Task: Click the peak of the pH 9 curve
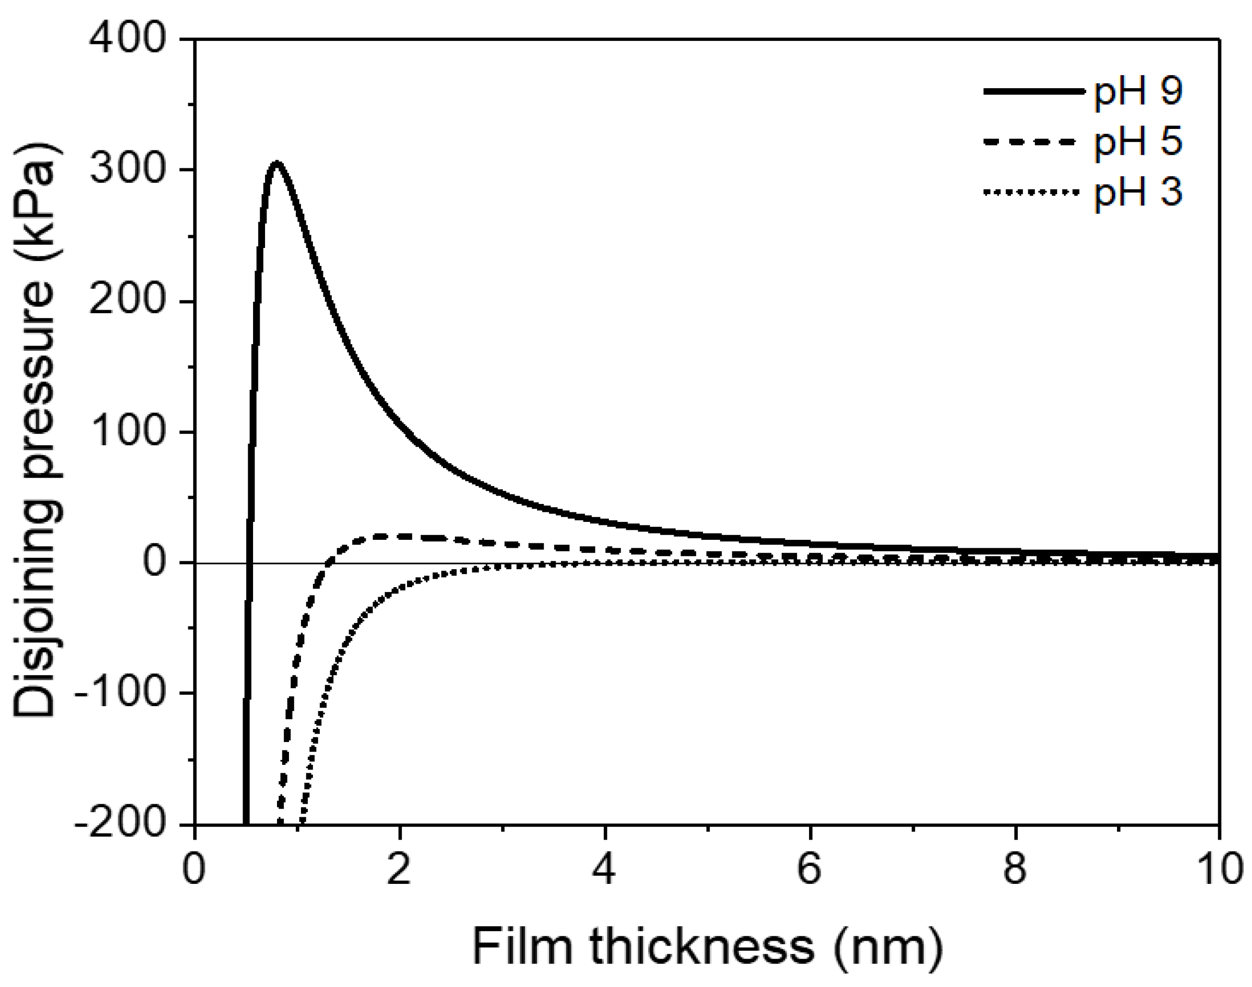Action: (x=277, y=163)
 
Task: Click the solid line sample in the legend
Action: (x=1033, y=91)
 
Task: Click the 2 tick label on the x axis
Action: (x=399, y=868)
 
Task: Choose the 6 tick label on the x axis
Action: (x=809, y=868)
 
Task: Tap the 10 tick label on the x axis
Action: (x=1220, y=868)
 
